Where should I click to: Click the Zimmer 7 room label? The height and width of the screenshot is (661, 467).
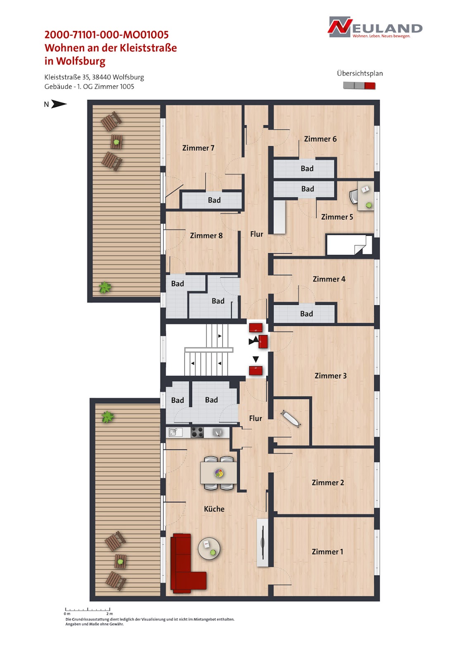198,148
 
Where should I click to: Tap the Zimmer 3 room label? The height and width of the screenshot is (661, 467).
330,376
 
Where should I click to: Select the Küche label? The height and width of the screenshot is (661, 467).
214,509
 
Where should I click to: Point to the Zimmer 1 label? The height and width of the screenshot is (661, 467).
327,552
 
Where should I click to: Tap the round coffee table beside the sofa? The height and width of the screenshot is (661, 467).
209,548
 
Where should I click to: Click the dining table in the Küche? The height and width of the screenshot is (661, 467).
218,473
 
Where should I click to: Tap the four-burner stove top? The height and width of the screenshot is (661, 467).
197,433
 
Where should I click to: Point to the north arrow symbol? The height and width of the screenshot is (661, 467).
59,104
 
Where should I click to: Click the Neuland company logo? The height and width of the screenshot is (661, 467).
375,27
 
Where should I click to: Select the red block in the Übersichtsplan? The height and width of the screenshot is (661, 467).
370,86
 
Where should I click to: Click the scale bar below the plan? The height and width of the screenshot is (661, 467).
88,609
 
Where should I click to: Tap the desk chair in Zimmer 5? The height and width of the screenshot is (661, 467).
354,197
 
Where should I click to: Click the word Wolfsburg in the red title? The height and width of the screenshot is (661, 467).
81,61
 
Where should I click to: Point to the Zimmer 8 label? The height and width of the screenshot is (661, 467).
206,235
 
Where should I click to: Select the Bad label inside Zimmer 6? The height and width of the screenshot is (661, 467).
307,169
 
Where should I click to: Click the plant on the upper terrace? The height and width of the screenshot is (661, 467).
105,287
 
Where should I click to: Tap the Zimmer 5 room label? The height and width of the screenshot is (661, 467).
337,217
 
